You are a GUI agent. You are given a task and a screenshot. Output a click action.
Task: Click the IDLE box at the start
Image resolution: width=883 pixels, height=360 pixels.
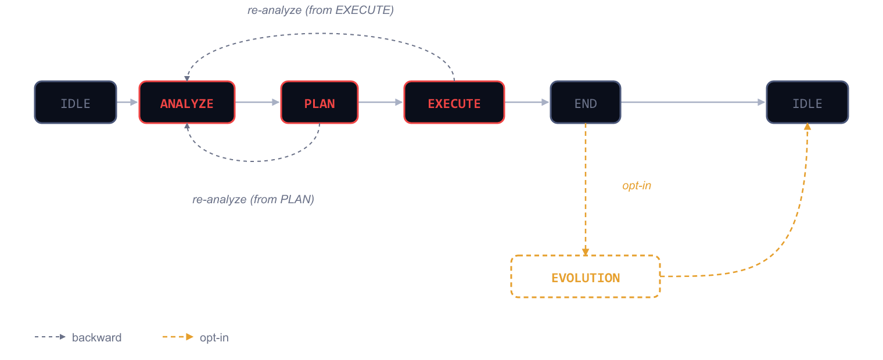pos(76,103)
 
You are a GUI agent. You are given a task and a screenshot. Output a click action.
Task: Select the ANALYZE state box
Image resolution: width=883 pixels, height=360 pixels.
pos(187,103)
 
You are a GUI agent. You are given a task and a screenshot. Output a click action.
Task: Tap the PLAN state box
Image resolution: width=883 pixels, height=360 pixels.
pos(320,103)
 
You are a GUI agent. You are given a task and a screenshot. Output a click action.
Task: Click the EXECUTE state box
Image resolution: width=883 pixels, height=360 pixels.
pos(454,103)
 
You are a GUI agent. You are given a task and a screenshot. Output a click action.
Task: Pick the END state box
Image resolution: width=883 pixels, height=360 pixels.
pos(586,103)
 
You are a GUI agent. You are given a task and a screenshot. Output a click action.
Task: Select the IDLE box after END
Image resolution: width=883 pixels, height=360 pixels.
pos(807,103)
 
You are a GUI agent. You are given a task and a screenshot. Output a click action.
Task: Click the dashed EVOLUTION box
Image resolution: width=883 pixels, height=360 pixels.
pos(586,277)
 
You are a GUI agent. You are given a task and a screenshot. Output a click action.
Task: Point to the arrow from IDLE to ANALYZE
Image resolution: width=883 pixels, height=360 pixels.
pos(127,102)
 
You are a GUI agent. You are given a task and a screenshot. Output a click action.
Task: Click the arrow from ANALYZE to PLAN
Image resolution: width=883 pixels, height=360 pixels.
pos(257,102)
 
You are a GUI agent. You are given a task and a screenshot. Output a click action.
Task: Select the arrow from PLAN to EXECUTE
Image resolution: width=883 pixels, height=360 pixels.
pos(381,102)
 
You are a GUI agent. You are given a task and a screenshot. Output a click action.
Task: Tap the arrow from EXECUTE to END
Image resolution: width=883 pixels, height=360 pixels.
pos(527,102)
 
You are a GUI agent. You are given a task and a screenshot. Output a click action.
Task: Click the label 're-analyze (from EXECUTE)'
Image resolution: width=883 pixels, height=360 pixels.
pos(320,10)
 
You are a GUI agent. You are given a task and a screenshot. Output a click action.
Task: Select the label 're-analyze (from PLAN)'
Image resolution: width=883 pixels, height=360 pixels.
pos(253,199)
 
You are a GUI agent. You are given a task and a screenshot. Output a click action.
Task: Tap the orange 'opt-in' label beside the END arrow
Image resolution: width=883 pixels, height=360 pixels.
pos(637,186)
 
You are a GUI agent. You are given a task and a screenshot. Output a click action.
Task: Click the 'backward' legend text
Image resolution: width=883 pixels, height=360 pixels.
pos(96,337)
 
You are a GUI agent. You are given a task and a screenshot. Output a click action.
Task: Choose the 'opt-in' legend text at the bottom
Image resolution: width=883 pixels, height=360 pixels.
pos(214,337)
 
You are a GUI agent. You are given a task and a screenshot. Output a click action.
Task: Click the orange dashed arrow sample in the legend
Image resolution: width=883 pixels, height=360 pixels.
pos(178,337)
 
